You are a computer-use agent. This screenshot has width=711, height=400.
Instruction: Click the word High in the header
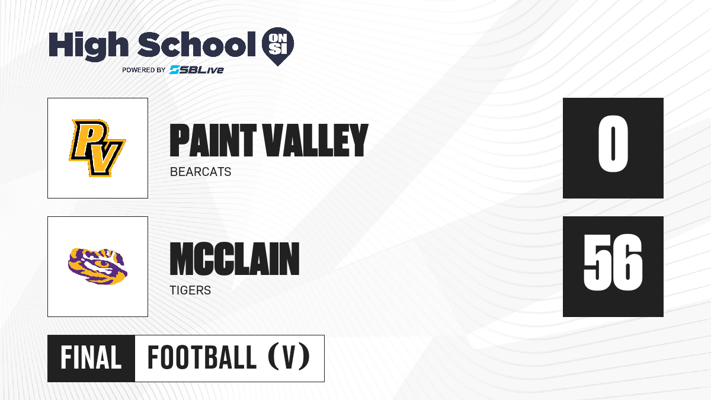(88, 46)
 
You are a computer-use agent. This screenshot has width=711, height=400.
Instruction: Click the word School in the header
(197, 44)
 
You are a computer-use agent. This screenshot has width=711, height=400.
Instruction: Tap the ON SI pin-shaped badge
(278, 46)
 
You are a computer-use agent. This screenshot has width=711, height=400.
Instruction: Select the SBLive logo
(197, 69)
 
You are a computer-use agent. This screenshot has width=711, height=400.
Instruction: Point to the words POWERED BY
(144, 70)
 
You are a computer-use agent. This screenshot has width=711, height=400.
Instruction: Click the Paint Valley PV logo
(97, 148)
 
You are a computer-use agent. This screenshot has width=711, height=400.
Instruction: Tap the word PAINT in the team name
(213, 140)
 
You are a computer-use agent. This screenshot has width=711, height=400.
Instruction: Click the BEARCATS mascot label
(201, 172)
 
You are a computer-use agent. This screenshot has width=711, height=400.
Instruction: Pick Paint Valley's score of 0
(613, 144)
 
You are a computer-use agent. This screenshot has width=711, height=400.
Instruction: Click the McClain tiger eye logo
(98, 266)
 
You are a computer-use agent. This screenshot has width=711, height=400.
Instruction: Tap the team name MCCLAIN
(235, 258)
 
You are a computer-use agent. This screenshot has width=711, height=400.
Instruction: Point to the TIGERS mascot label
(190, 290)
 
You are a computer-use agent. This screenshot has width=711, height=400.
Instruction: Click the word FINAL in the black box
(91, 358)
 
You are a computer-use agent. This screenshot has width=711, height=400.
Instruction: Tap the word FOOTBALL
(202, 358)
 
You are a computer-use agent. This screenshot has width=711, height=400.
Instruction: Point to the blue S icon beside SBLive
(174, 69)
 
